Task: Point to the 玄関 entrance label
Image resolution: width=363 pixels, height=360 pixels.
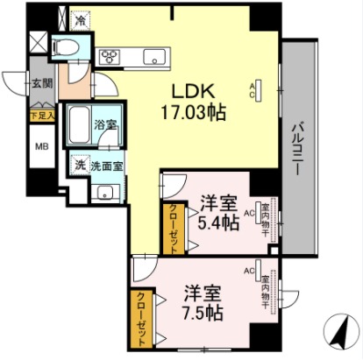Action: pyautogui.click(x=41, y=83)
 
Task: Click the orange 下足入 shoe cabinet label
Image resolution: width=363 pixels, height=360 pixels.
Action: pyautogui.click(x=40, y=113)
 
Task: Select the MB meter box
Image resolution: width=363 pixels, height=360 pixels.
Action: pyautogui.click(x=40, y=145)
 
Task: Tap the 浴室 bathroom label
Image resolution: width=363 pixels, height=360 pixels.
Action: pyautogui.click(x=106, y=125)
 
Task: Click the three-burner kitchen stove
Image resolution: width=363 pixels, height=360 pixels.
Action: pyautogui.click(x=113, y=57)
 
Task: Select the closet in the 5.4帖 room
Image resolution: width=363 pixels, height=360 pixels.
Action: pyautogui.click(x=170, y=229)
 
